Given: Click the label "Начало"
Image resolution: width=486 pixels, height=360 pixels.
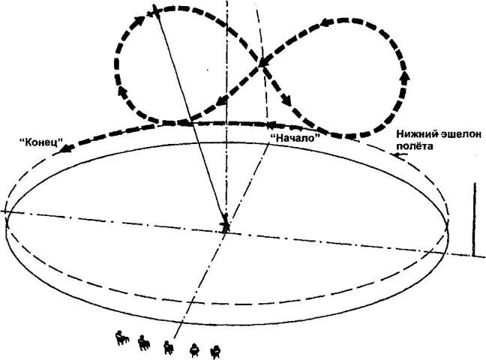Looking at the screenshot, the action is click(295, 137).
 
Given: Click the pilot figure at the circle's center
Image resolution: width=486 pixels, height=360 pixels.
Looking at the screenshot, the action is click(225, 222).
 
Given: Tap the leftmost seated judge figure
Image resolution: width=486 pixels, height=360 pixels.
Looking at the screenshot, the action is click(121, 339).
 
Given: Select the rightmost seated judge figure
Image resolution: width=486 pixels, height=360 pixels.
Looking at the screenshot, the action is click(216, 349).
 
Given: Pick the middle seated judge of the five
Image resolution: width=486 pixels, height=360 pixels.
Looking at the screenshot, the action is click(169, 346).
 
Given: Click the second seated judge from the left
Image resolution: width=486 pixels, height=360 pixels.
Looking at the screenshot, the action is click(144, 342).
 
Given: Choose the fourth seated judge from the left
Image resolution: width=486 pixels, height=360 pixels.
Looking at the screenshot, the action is click(195, 347).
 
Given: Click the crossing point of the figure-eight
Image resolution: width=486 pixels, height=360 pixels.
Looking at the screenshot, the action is click(262, 64).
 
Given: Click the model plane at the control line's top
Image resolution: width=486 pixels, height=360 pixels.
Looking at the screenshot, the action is click(154, 10).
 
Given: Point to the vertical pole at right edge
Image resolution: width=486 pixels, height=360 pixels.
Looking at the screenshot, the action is click(473, 217).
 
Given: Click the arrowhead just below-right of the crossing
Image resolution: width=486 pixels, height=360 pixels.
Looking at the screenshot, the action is click(286, 98).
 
